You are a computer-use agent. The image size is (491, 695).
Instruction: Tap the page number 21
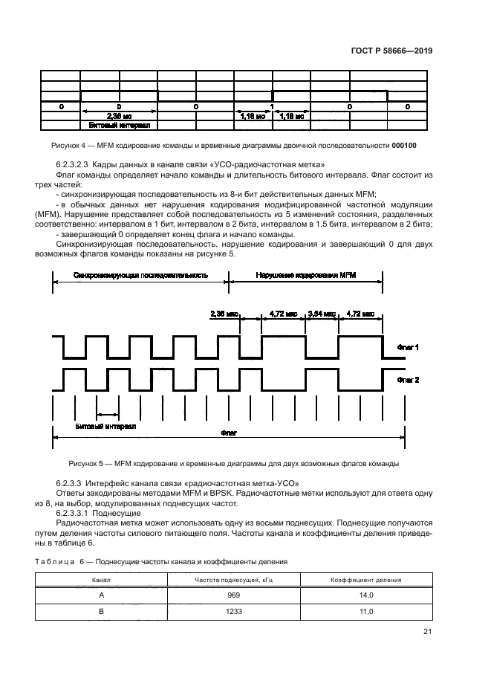tap(427, 633)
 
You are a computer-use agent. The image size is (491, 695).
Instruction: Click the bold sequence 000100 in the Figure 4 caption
tap(404, 146)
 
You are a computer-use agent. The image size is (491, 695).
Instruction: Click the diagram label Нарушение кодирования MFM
tap(306, 275)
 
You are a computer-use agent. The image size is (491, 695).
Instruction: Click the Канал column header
tap(101, 579)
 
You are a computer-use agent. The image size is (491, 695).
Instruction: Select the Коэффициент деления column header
tap(365, 579)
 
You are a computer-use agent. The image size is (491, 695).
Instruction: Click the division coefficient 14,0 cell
tap(365, 595)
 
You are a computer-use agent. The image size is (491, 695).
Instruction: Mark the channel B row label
tap(101, 612)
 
